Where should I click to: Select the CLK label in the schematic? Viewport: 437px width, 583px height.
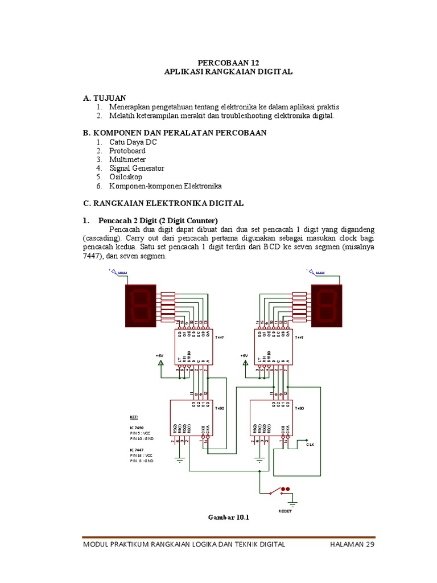[311, 445]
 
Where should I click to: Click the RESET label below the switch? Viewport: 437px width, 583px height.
[285, 511]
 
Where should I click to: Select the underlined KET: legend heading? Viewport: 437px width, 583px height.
[134, 417]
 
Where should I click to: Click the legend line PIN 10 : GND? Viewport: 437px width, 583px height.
[142, 438]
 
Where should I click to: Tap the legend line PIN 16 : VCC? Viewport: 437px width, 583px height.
[142, 455]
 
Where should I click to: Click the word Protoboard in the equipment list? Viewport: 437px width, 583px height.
[127, 151]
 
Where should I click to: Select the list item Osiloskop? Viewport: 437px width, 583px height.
[125, 177]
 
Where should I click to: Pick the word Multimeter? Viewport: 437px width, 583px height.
[127, 159]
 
